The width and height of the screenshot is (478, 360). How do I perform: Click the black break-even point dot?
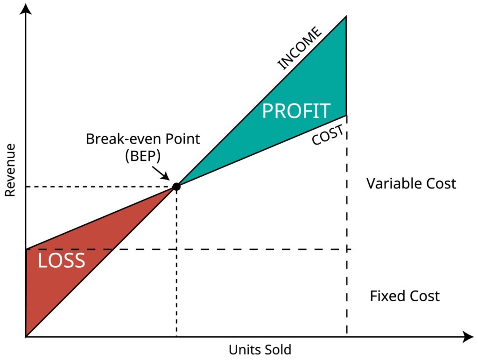(176, 187)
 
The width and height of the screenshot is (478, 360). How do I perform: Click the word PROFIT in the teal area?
(296, 111)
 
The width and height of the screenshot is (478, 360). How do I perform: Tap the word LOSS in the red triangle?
(61, 261)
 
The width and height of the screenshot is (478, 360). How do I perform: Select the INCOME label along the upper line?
(300, 48)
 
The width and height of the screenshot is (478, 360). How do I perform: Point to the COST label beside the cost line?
(328, 135)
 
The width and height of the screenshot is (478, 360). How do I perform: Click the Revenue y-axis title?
(10, 170)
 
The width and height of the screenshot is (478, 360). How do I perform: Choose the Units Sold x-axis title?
(260, 350)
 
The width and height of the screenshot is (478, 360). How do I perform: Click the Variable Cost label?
(411, 183)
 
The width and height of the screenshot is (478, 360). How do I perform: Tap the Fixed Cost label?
(405, 296)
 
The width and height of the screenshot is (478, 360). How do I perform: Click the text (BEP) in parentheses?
(143, 156)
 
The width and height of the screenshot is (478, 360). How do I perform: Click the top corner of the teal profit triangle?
(346, 17)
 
